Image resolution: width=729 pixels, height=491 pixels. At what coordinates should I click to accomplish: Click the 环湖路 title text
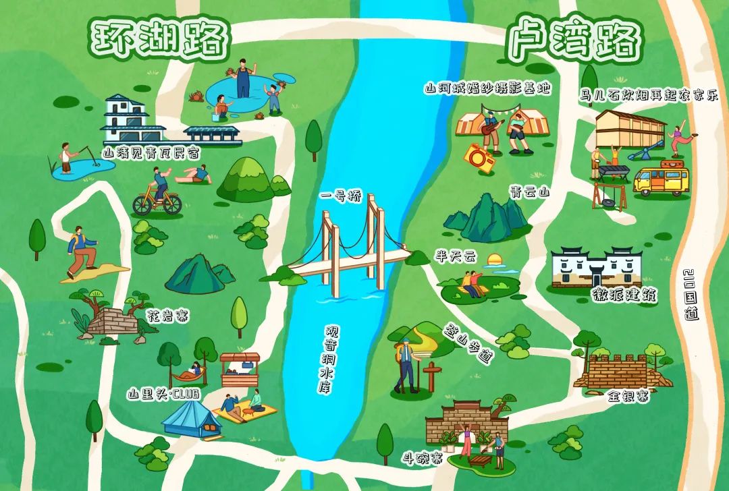(159, 39)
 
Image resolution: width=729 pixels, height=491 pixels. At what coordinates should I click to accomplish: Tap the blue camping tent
(191, 420)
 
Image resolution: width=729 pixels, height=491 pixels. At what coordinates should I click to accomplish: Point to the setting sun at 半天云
(496, 260)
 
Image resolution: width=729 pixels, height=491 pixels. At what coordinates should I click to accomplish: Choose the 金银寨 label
(627, 397)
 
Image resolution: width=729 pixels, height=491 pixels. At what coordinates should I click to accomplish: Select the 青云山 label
(529, 192)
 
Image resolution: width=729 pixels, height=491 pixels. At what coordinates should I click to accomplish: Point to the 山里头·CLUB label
(164, 394)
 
